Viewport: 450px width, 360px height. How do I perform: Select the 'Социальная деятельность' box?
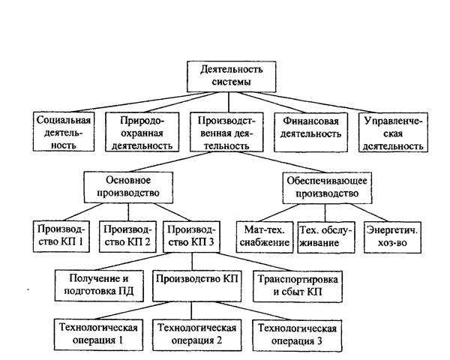(x=64, y=132)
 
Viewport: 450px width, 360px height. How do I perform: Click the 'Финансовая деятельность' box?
(x=310, y=132)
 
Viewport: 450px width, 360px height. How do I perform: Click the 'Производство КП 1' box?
(x=62, y=235)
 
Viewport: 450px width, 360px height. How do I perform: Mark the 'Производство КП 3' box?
(x=192, y=235)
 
